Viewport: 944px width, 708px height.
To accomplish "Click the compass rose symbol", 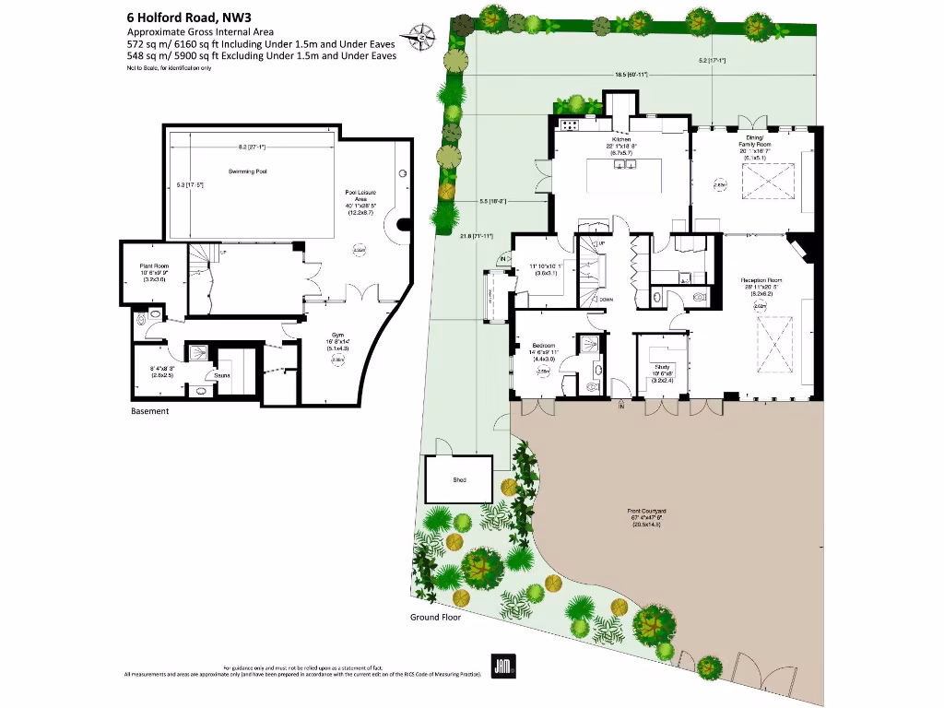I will pyautogui.click(x=422, y=35).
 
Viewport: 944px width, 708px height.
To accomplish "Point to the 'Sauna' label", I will pyautogui.click(x=221, y=375).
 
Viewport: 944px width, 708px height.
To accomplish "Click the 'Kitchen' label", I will pyautogui.click(x=621, y=139).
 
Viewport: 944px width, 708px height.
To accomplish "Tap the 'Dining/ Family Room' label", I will pyautogui.click(x=754, y=143).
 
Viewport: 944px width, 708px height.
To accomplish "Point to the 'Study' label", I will pyautogui.click(x=661, y=366).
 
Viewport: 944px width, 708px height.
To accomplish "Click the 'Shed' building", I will pyautogui.click(x=459, y=480).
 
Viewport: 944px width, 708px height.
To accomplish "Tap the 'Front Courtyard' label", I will pyautogui.click(x=649, y=512).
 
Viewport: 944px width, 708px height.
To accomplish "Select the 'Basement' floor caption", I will pyautogui.click(x=149, y=411).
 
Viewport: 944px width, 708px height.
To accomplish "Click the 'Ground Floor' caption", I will pyautogui.click(x=435, y=618).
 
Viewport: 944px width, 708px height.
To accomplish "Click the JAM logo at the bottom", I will pyautogui.click(x=502, y=666).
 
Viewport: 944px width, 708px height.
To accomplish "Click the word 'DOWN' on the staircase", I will pyautogui.click(x=607, y=300).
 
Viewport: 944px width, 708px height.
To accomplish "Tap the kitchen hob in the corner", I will pyautogui.click(x=569, y=124).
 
